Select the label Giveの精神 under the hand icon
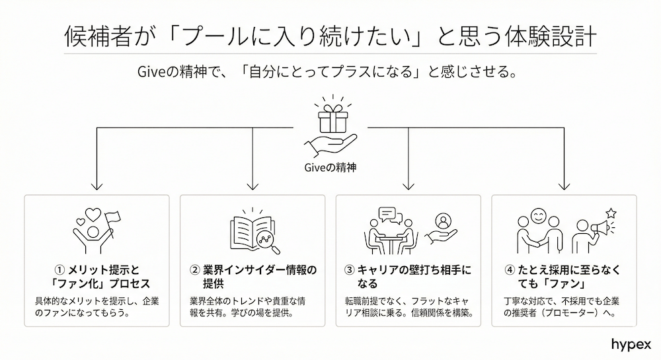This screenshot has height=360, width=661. (x=330, y=167)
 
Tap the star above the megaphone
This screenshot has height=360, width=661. (x=611, y=212)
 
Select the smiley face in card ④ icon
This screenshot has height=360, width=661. (x=539, y=216)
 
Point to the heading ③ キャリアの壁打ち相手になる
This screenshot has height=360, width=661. (x=408, y=276)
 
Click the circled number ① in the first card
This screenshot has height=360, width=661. (x=58, y=270)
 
